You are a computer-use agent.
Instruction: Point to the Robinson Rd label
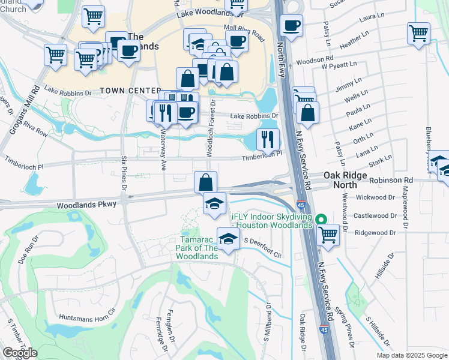click(x=391, y=180)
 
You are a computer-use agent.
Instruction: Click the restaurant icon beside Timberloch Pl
click(x=268, y=139)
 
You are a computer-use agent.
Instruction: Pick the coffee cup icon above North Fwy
click(x=291, y=25)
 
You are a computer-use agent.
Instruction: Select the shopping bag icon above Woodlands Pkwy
click(x=205, y=181)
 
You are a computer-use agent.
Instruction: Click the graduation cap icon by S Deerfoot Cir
click(x=228, y=239)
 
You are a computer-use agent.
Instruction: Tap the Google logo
click(x=19, y=353)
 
